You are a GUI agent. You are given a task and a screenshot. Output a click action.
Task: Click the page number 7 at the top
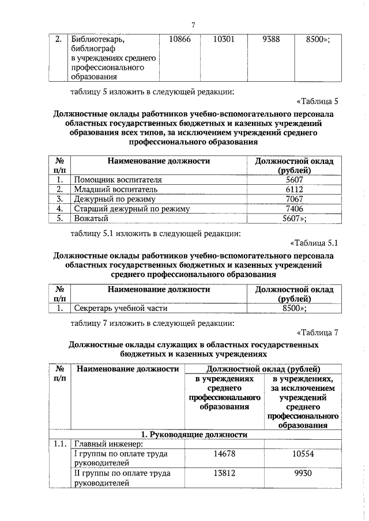point(194,24)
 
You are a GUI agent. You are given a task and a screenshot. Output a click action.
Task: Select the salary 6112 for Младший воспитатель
point(294,189)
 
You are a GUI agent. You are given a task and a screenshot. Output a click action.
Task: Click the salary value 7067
point(294,199)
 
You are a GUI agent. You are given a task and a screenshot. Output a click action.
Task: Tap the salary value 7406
point(294,209)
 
